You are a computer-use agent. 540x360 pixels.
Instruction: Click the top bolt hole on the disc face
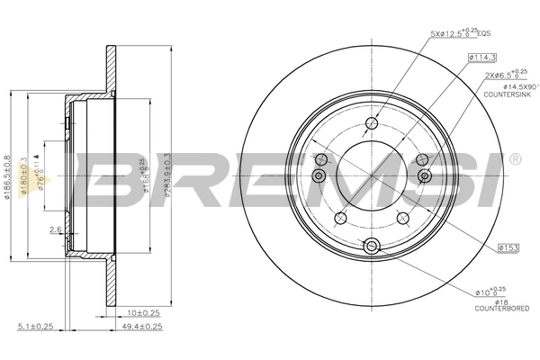click(x=372, y=125)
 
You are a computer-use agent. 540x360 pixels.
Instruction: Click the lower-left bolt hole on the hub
click(x=339, y=218)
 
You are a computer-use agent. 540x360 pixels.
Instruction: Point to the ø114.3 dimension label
click(x=482, y=58)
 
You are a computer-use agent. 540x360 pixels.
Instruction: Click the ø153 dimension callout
click(x=508, y=245)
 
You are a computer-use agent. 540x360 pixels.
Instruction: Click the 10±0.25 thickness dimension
click(x=141, y=312)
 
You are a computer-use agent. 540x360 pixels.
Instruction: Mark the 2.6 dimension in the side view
click(x=55, y=230)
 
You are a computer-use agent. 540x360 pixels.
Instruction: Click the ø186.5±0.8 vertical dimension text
click(x=10, y=170)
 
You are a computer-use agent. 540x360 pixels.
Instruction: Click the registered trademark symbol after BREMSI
click(x=515, y=159)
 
